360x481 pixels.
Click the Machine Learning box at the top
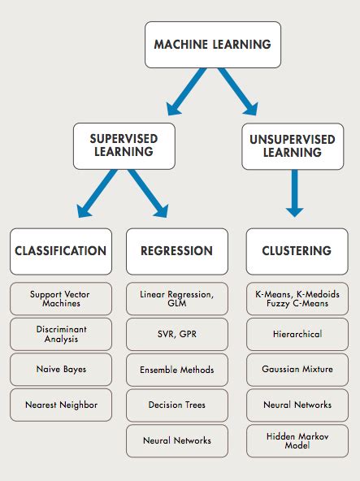(x=213, y=45)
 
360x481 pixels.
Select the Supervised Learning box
(x=124, y=146)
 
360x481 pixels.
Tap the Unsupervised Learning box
(x=293, y=146)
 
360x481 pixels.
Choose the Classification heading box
(x=61, y=251)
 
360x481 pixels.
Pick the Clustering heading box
(x=297, y=251)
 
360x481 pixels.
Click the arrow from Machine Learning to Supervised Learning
(x=186, y=92)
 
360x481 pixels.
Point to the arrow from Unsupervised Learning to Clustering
(x=295, y=193)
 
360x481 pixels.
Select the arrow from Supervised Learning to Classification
(x=97, y=193)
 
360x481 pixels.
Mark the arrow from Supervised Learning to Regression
(x=149, y=193)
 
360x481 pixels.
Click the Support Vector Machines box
(x=61, y=299)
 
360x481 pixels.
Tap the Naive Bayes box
(x=61, y=370)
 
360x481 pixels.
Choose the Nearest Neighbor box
(x=61, y=405)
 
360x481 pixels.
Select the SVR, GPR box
(x=177, y=335)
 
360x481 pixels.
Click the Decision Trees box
(x=177, y=405)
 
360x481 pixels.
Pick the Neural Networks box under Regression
(x=177, y=441)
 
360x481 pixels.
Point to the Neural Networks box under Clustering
(x=297, y=405)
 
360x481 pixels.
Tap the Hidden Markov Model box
(x=297, y=441)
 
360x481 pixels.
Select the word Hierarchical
(x=297, y=334)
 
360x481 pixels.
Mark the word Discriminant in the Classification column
(x=62, y=329)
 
